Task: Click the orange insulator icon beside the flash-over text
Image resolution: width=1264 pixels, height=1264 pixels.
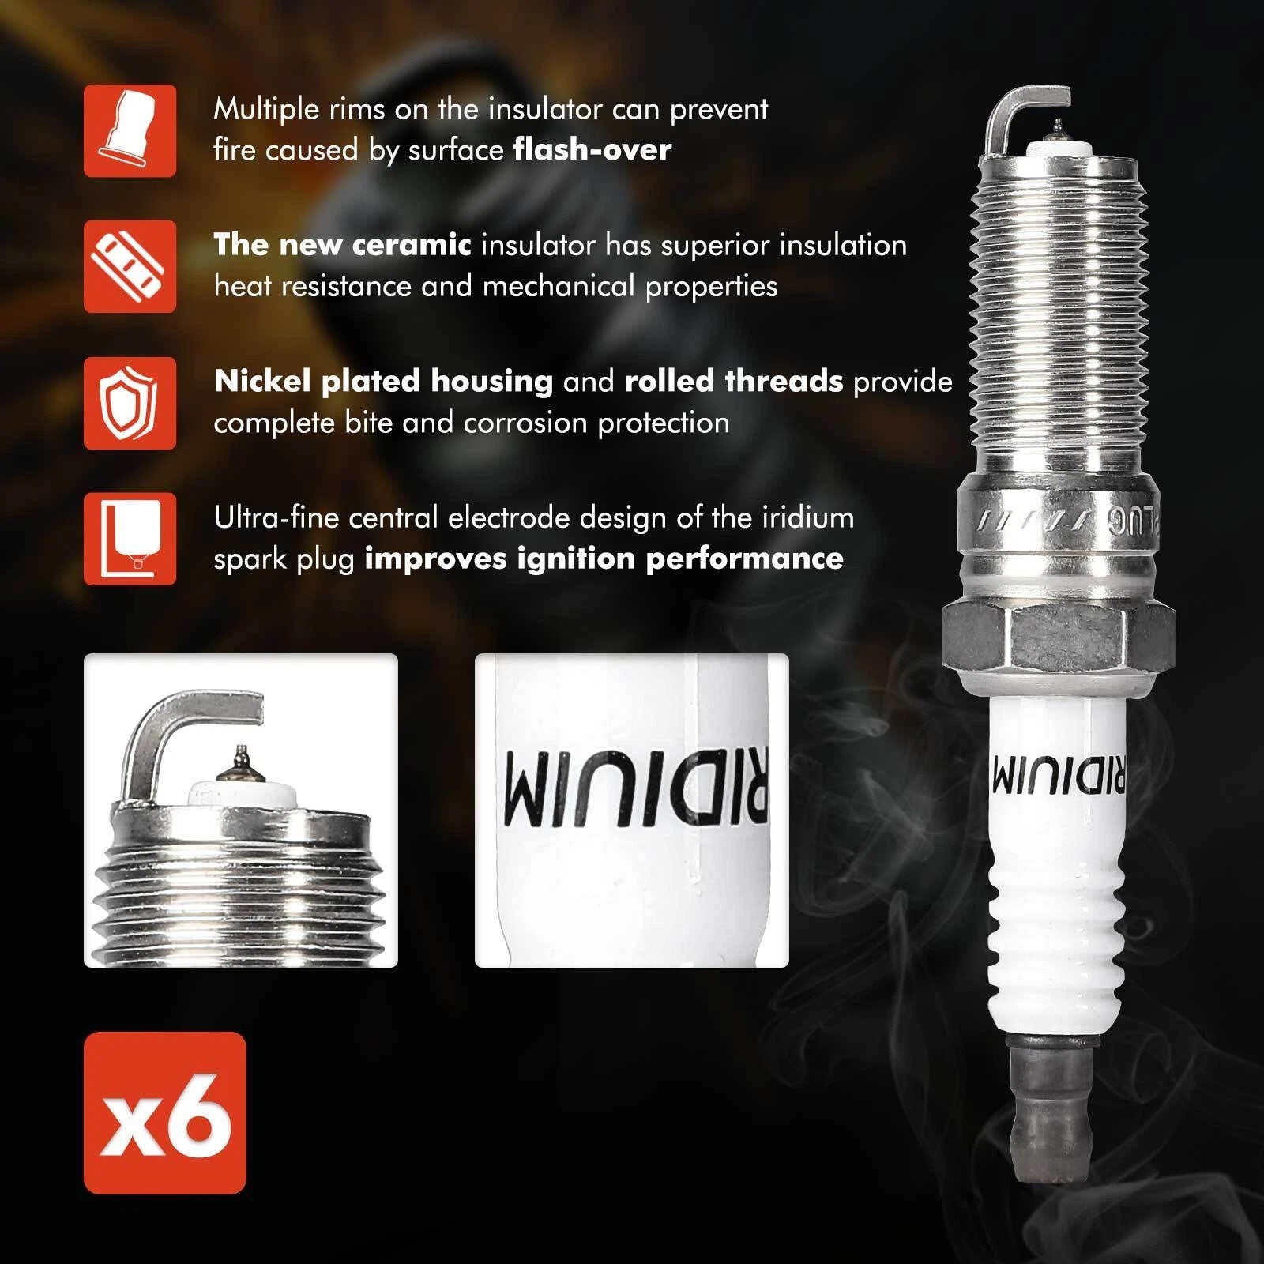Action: click(130, 130)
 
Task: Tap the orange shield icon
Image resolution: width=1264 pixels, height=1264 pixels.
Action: click(130, 403)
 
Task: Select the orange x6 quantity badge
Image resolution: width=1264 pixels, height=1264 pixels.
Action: click(165, 1112)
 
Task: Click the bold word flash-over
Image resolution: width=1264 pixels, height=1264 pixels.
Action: click(592, 149)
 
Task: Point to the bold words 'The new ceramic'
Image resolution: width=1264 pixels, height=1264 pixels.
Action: click(342, 245)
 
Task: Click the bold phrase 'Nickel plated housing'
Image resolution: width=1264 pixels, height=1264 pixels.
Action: click(383, 382)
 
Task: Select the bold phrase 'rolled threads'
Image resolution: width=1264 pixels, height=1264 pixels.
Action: click(734, 382)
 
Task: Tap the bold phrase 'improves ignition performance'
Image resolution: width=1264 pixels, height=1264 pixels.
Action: click(604, 559)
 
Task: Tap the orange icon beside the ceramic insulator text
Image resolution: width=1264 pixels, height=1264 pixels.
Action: click(130, 266)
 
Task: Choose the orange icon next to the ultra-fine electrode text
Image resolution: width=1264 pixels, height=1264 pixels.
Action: click(130, 539)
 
